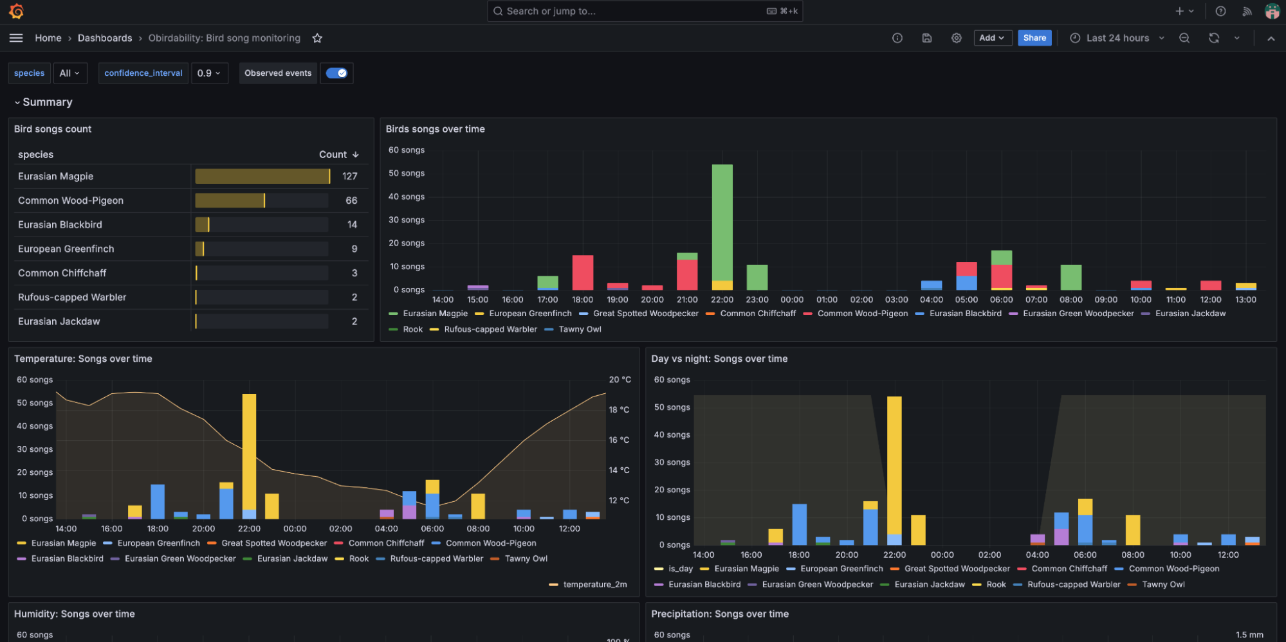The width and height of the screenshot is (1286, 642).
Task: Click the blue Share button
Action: [1034, 38]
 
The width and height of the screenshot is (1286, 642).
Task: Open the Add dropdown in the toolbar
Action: [992, 38]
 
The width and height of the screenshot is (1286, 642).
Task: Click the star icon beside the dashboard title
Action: [317, 38]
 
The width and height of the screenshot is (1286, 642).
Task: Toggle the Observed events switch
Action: [336, 73]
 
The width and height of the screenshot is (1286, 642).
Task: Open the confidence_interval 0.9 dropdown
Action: [209, 73]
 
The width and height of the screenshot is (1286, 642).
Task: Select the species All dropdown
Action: [69, 73]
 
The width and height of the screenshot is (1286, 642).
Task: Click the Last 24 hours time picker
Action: [1117, 38]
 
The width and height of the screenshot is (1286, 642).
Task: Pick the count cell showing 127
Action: [349, 176]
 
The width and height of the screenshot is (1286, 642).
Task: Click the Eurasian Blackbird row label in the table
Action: [60, 225]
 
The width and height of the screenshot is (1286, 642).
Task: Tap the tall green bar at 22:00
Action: [722, 218]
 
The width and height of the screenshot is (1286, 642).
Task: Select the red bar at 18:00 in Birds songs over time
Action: [582, 272]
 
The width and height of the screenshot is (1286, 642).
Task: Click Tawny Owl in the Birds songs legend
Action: [580, 329]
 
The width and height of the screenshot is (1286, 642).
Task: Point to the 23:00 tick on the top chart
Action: [757, 299]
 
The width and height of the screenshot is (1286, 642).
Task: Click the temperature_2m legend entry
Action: [594, 584]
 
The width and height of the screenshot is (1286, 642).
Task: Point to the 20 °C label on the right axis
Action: [620, 380]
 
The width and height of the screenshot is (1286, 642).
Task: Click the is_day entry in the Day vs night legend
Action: [680, 569]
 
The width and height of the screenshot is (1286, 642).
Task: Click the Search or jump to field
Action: [643, 11]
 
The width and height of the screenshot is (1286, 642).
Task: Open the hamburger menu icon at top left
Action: [16, 38]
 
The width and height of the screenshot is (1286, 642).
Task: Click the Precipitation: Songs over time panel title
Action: [719, 614]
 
